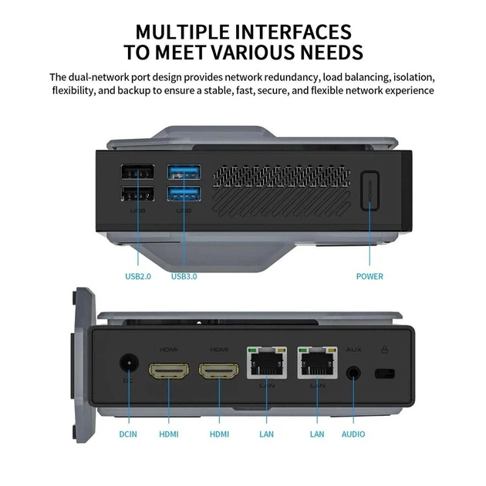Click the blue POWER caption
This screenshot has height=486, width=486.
point(370,276)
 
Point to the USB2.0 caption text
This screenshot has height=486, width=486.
point(138,276)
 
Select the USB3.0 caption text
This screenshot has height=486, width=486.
point(184,276)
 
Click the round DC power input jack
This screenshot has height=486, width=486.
point(128,363)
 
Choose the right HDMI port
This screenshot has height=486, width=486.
point(219,371)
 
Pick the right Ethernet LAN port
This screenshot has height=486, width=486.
point(317,363)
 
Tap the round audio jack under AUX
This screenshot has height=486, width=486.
point(353,373)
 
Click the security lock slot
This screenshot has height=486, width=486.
point(383,375)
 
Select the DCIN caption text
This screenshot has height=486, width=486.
point(128,434)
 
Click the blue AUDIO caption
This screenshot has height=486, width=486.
point(353,434)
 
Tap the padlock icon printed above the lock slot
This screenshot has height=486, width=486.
point(383,349)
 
